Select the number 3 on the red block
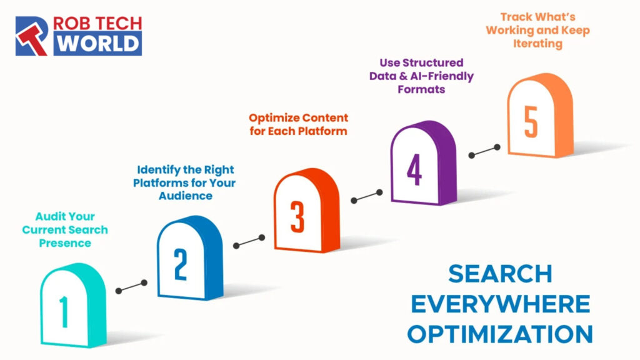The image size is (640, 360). pos(297,216)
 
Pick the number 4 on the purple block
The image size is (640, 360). pos(414,169)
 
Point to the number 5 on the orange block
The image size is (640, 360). pos(531,121)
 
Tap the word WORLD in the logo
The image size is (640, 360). pos(96,44)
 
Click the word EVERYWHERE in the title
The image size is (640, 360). pos(500,304)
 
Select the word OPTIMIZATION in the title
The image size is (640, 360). pos(500,333)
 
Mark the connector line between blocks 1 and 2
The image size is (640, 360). pos(131,287)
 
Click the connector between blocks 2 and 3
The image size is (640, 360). pos(249,241)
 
